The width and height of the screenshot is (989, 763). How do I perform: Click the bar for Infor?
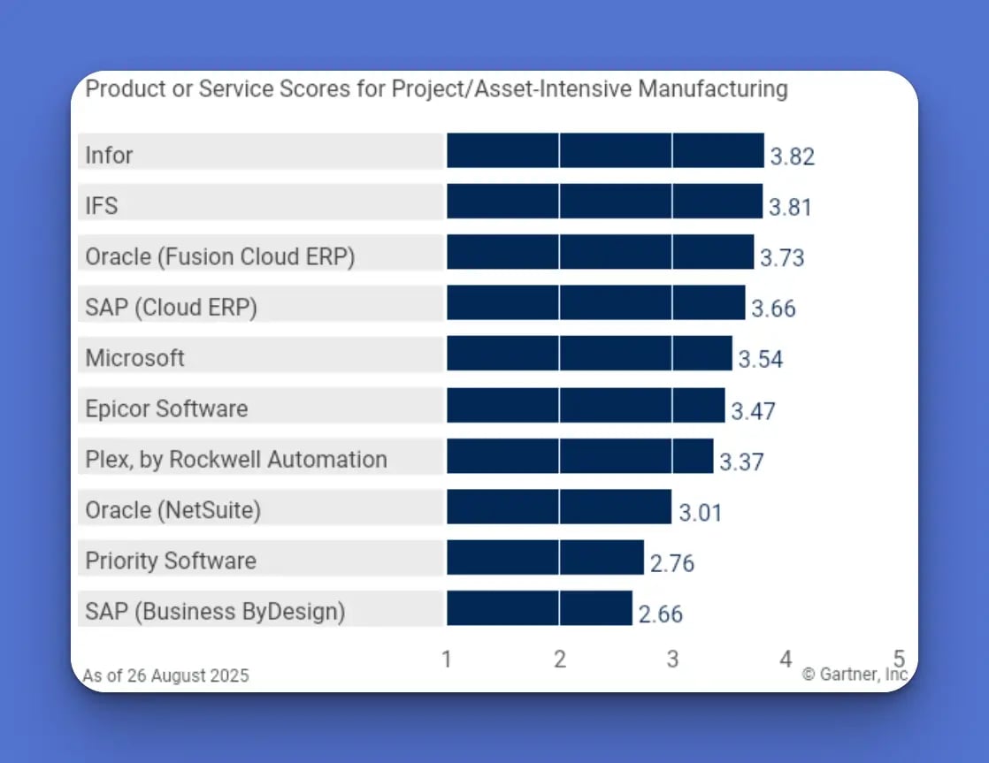[x=605, y=151]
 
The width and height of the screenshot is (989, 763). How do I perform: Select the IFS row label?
[x=102, y=206]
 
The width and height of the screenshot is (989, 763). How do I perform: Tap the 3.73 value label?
[x=782, y=257]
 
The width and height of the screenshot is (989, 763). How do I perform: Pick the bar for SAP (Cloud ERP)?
[x=595, y=303]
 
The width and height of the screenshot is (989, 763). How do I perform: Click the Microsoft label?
[x=135, y=358]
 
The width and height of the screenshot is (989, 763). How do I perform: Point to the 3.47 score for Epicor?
[x=753, y=410]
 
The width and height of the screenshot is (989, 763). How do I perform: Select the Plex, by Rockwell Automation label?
[x=236, y=460]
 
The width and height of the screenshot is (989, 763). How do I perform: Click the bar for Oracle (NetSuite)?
[x=559, y=507]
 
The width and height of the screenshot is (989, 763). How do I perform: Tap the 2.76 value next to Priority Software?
[x=672, y=563]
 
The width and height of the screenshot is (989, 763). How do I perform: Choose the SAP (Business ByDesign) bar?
[x=540, y=609]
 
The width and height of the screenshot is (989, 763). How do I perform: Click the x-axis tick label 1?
[x=447, y=660]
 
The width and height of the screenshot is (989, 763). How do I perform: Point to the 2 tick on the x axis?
[x=560, y=660]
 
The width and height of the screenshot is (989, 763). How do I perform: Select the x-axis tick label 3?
[x=672, y=660]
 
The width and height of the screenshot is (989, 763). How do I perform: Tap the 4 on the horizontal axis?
[x=786, y=660]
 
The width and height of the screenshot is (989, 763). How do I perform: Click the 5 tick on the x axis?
[x=899, y=659]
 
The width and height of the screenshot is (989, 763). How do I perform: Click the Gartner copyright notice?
[x=855, y=675]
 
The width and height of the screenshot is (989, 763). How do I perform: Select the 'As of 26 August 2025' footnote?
[x=166, y=675]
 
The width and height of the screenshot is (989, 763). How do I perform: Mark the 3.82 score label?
[x=792, y=156]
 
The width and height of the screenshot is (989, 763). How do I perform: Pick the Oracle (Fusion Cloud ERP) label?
[x=220, y=256]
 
